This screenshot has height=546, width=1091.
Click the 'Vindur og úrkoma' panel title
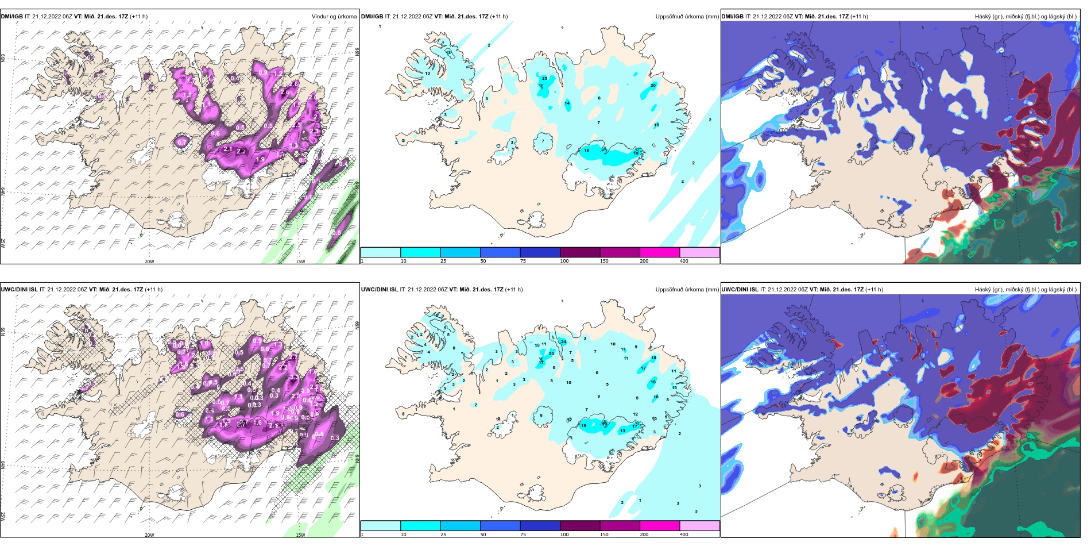tap(334, 17)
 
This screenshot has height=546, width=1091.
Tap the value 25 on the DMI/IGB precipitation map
tap(544, 79)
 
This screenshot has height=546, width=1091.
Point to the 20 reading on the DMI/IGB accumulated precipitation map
tap(653, 86)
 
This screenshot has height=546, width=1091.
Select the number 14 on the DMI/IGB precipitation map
tap(567, 103)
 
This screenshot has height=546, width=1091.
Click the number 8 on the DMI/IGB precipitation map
tap(599, 98)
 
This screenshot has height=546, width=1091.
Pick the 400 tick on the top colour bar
tap(684, 261)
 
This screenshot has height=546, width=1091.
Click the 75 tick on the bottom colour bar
tap(523, 535)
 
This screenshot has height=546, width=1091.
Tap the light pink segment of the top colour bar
tap(699, 252)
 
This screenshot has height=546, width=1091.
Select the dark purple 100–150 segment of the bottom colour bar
tap(579, 526)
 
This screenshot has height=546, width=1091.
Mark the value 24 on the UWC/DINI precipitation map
tap(563, 342)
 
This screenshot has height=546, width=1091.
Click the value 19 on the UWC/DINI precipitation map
tap(583, 426)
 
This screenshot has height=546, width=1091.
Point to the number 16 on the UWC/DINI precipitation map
tap(656, 397)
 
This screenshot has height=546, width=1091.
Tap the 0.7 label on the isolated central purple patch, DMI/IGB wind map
tap(182, 142)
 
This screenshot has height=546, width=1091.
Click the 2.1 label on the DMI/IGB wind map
tap(227, 149)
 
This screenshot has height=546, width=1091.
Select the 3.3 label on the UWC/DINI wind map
tap(335, 438)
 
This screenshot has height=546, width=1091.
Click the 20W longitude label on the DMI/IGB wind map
tap(149, 262)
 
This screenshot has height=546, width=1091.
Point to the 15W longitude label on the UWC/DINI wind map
tap(300, 535)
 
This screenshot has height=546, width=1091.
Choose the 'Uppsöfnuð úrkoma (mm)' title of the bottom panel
tap(687, 290)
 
